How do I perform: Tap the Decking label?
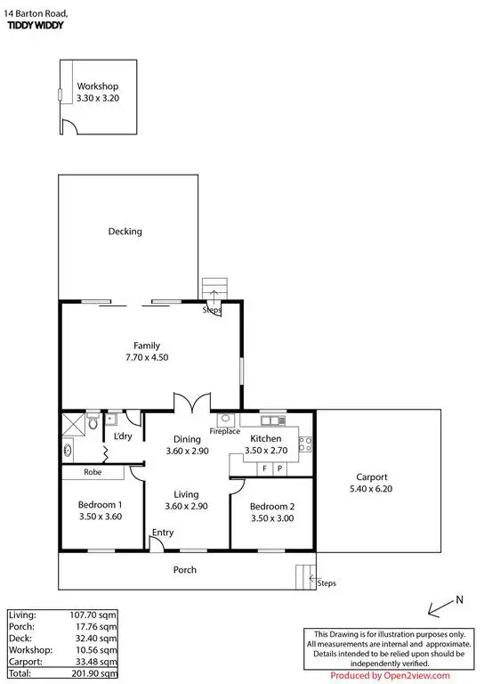tap(125, 232)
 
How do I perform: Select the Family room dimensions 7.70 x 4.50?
tap(147, 357)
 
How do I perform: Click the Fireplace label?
tap(225, 431)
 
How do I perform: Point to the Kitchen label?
tap(265, 439)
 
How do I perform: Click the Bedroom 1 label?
tap(100, 505)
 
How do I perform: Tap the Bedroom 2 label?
tap(271, 506)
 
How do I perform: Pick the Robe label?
tap(93, 472)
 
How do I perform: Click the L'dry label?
tap(123, 436)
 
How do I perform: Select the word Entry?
tap(163, 533)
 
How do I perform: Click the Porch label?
tap(184, 570)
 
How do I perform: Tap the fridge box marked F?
tap(264, 468)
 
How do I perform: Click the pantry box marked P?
tap(279, 468)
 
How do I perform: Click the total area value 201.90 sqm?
tap(96, 674)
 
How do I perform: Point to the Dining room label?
tap(186, 439)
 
